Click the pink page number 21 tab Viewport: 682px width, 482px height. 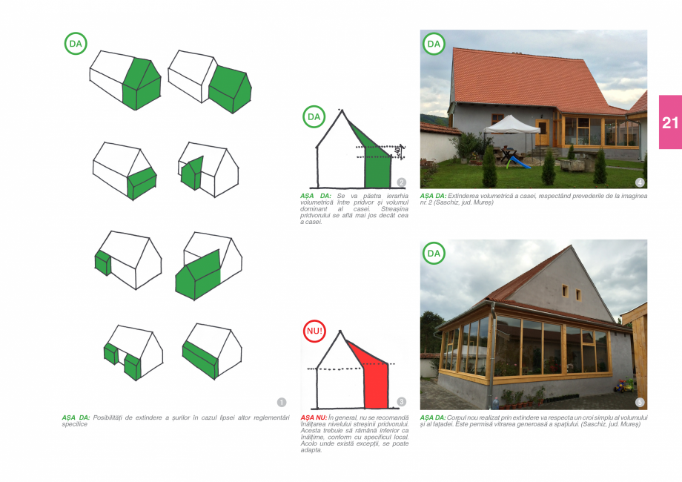[669, 122]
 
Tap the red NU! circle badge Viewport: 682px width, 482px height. [315, 331]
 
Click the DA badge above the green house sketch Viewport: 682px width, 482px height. [314, 116]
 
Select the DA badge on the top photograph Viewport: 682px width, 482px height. [434, 44]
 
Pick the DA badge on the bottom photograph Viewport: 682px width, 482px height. [434, 254]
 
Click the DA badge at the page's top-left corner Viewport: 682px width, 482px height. [76, 44]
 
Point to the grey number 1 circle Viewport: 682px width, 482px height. [282, 402]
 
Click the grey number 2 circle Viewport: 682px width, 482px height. [402, 182]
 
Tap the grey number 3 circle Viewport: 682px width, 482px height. [402, 402]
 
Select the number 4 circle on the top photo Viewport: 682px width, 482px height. [640, 182]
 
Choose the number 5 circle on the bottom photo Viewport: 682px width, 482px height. [640, 402]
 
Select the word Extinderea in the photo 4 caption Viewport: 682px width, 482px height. [464, 195]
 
